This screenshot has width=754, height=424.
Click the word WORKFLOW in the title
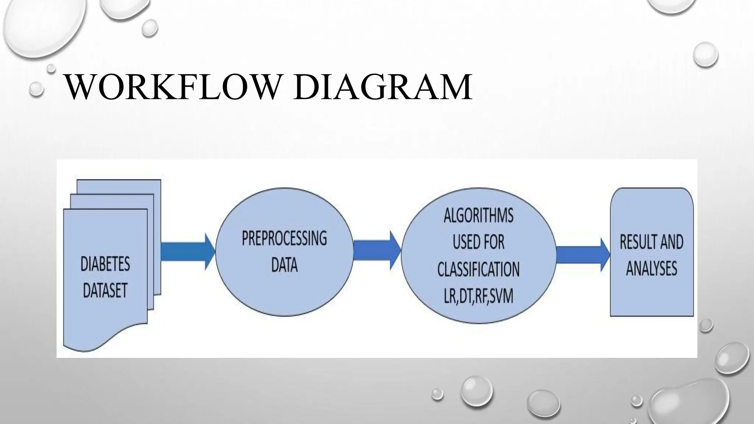171,87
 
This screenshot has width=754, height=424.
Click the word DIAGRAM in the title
383,87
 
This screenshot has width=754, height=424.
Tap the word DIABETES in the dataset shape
105,264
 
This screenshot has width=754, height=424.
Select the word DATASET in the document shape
105,290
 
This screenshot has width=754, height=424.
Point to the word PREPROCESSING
284,239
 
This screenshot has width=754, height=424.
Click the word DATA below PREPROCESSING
284,265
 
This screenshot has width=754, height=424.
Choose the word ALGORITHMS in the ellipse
478,215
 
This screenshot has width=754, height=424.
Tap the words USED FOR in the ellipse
478,242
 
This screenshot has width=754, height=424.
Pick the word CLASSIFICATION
478,269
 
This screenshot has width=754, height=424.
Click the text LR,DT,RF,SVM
478,296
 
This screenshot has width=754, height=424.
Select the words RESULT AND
651,242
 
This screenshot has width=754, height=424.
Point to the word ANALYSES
651,268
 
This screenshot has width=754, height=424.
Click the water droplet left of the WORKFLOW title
36,89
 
